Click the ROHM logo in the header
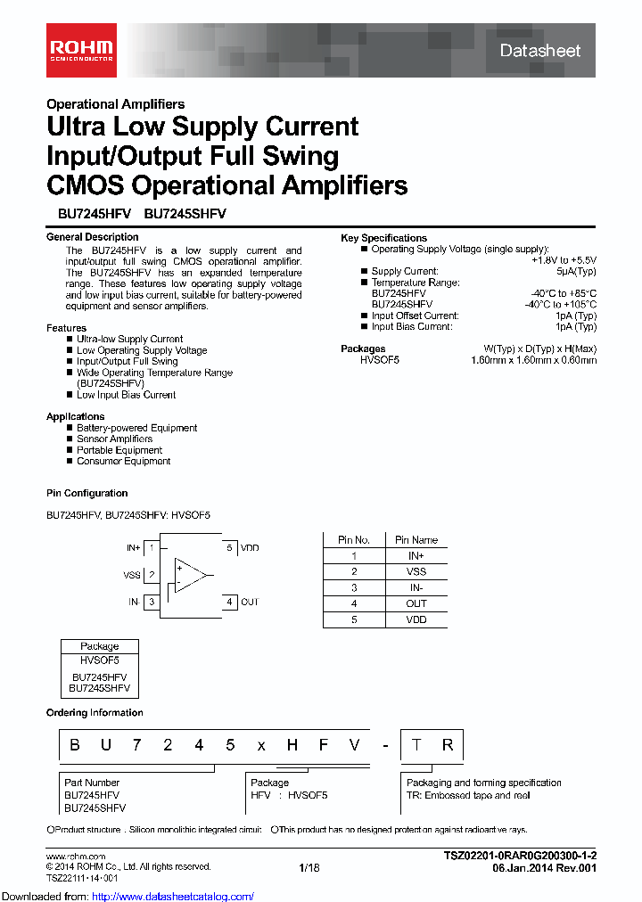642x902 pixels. [80, 49]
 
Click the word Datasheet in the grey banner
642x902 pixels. [539, 51]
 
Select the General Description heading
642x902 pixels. [92, 237]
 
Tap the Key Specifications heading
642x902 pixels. [383, 238]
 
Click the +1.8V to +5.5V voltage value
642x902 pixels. [564, 260]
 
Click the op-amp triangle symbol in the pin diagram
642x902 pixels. [189, 575]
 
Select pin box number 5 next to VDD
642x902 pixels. [229, 548]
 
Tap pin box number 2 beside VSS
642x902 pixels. [152, 575]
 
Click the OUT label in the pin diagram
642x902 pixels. [250, 603]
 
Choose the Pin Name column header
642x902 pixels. [416, 540]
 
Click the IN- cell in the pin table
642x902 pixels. [416, 587]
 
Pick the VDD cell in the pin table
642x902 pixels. [416, 619]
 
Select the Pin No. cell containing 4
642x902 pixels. [354, 603]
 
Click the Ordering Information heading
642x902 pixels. [95, 713]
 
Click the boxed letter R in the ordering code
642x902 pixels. [448, 745]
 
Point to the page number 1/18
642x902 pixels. [309, 867]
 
